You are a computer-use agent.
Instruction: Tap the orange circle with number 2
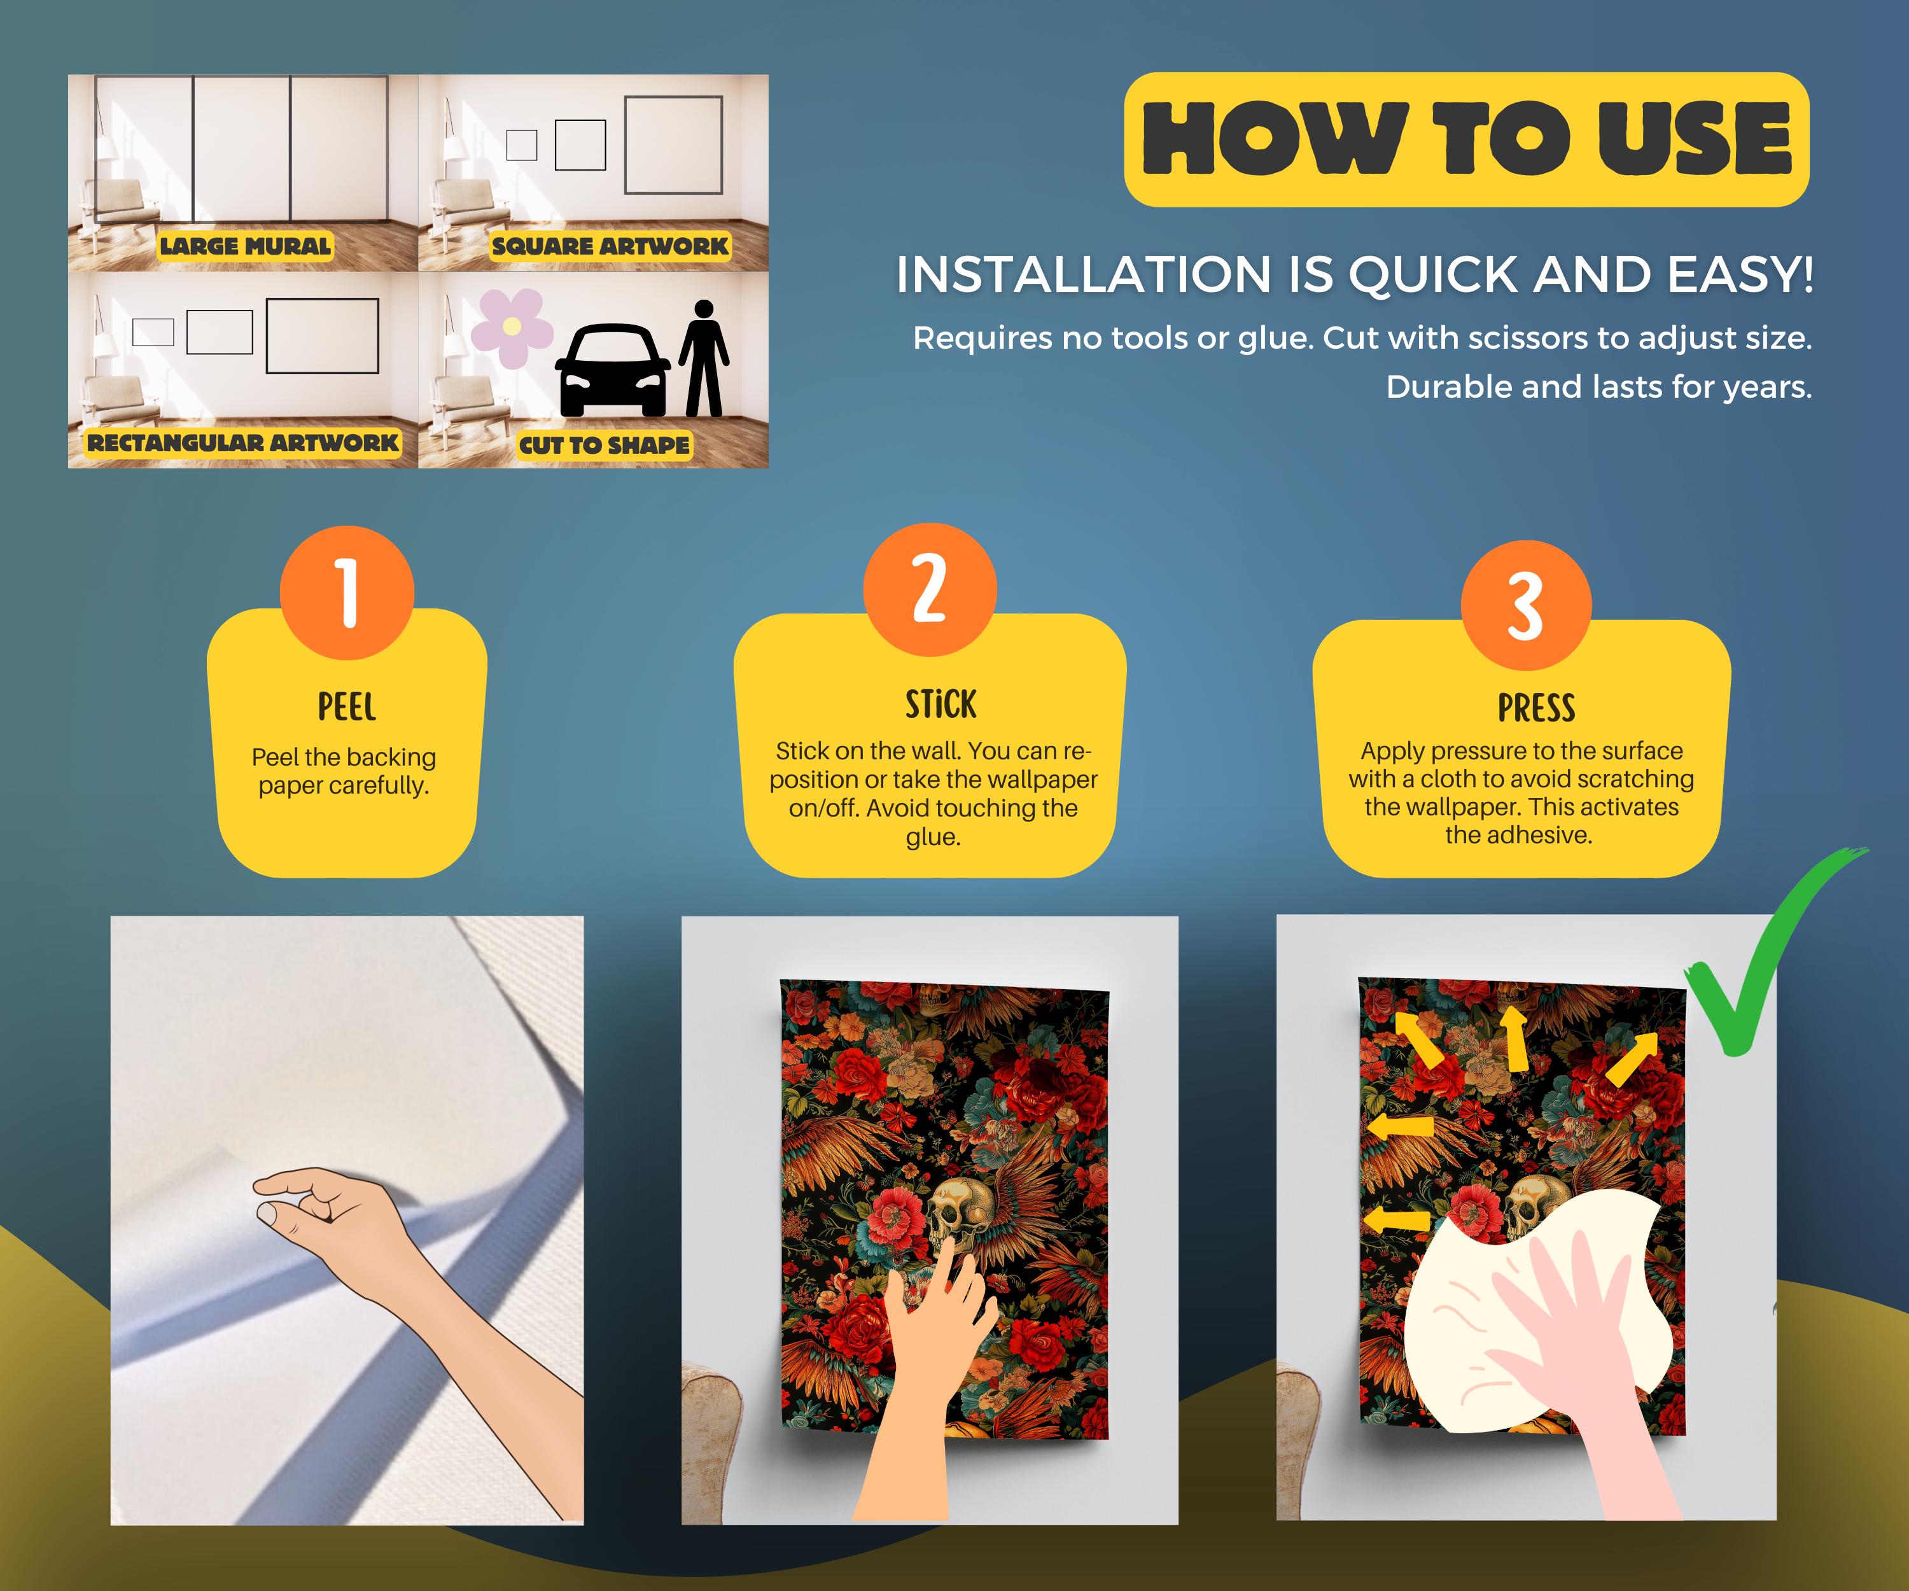click(x=930, y=589)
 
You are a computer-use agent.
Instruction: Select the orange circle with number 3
click(x=1527, y=605)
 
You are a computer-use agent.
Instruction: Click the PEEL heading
click(x=346, y=706)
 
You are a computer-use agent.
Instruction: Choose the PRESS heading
click(x=1536, y=707)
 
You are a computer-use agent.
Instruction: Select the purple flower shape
click(x=512, y=325)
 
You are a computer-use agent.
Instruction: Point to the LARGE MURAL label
click(x=246, y=246)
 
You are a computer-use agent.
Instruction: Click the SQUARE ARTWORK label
click(x=610, y=246)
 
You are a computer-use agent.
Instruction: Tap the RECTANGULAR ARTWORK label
click(x=242, y=443)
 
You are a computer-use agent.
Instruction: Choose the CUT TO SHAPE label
click(x=605, y=445)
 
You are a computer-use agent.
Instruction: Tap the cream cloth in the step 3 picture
click(x=1536, y=1318)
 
